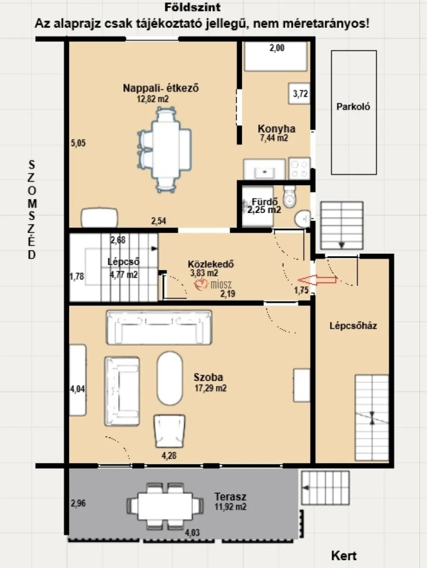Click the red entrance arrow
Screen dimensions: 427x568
pos(317,280)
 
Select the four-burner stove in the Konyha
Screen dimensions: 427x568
pos(299,168)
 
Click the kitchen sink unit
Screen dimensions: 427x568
pos(264,169)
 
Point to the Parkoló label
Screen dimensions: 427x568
pos(353,106)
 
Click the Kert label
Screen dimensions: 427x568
pos(344,556)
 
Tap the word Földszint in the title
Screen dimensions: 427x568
pos(193,7)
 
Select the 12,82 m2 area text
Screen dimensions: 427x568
pos(153,99)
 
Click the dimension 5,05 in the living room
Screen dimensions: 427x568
pos(78,143)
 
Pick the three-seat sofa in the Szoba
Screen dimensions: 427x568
pos(159,328)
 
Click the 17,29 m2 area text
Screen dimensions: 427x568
pos(211,388)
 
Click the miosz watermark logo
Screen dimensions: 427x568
pos(213,284)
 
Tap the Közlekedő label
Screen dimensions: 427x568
pos(211,264)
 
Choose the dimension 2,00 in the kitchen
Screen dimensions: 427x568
pos(277,48)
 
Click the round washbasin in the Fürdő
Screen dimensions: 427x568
pos(303,219)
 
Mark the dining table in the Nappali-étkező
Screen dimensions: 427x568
pos(166,149)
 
